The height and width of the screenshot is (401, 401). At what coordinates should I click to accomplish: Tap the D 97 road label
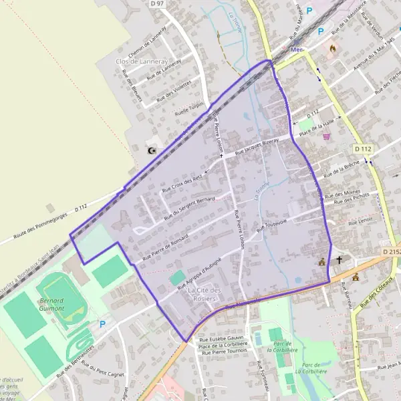[157, 4]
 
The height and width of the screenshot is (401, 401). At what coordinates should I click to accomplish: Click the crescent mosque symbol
[152, 150]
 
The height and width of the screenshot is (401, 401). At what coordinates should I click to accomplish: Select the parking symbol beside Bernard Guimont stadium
[102, 324]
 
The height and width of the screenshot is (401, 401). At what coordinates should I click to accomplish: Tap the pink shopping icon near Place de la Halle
[326, 136]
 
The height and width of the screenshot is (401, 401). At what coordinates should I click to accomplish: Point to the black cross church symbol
[339, 261]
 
